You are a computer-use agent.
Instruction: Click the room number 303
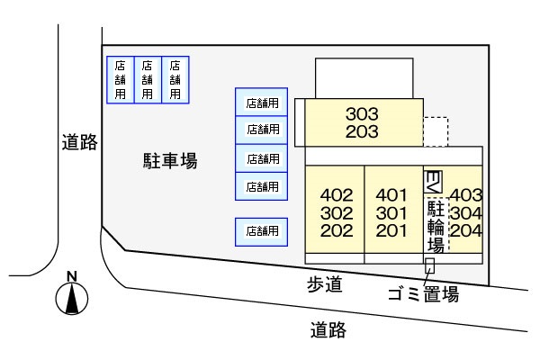click(x=363, y=114)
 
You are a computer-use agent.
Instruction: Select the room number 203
click(x=363, y=132)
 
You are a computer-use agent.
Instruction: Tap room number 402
click(x=336, y=194)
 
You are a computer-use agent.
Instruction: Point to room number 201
click(x=391, y=229)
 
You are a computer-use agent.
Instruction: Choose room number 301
click(x=391, y=212)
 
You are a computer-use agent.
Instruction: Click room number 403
click(x=466, y=194)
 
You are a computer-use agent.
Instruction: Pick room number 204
click(x=466, y=229)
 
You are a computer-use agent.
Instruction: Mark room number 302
click(x=336, y=212)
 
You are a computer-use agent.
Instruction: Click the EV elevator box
click(x=432, y=180)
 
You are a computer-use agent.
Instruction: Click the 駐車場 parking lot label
click(x=170, y=161)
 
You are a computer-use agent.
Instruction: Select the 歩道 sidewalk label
click(x=325, y=285)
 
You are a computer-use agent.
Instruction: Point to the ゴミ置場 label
click(x=423, y=294)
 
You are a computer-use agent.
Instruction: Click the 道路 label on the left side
click(x=79, y=142)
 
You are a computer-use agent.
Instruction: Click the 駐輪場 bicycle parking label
click(x=436, y=225)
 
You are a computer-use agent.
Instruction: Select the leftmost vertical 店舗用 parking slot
click(x=121, y=79)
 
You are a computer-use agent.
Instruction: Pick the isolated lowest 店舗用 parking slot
click(x=262, y=231)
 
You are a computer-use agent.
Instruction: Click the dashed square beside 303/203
click(x=436, y=131)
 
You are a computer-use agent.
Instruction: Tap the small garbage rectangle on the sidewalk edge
click(x=429, y=266)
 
